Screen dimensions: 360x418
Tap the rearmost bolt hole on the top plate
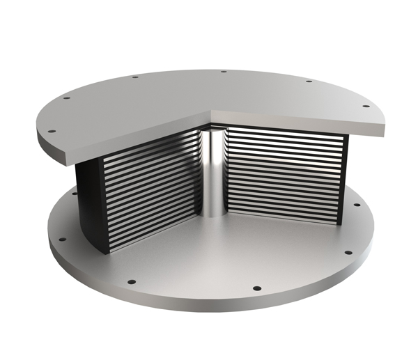point(224,72)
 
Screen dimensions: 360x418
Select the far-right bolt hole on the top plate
point(365,106)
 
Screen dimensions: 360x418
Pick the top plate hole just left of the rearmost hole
point(134,77)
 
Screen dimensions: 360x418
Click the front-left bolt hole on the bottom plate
point(129,282)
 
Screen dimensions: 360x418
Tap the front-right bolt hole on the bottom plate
point(257,288)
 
